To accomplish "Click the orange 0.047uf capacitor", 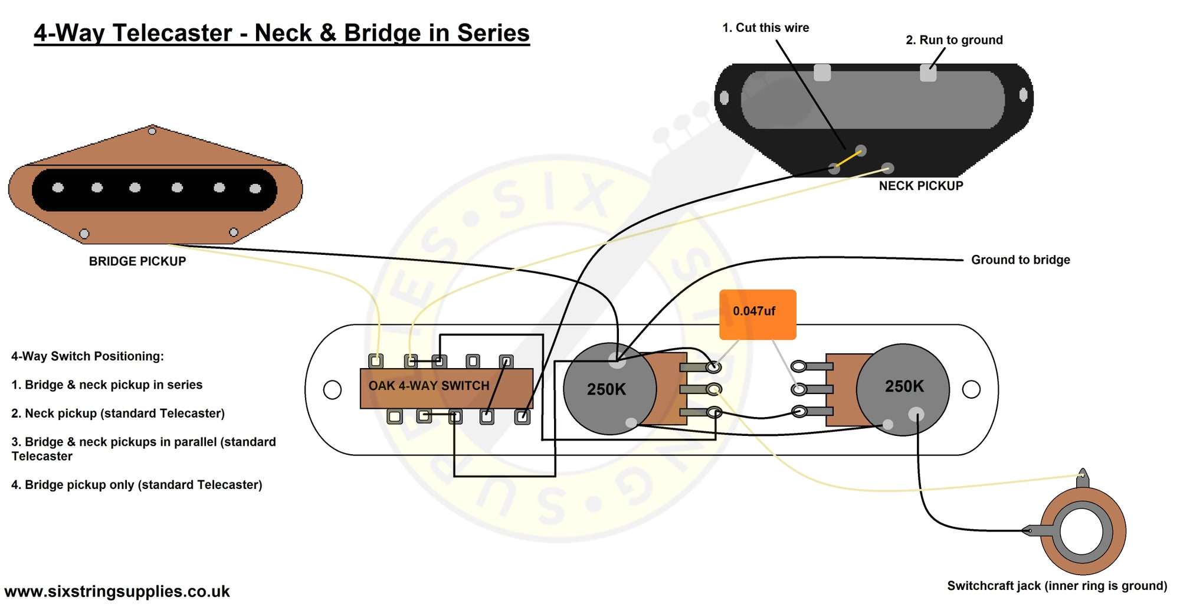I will (757, 314).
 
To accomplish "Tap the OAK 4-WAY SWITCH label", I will (429, 386).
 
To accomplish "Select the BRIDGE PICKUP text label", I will (137, 261).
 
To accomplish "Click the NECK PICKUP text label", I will (920, 186).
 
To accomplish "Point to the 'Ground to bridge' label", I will (1020, 260).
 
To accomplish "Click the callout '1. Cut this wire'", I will (765, 28).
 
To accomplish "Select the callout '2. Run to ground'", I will (954, 40).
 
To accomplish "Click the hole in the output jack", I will (1081, 531).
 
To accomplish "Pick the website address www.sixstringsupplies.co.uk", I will (117, 591).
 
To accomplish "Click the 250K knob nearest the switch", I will (609, 389).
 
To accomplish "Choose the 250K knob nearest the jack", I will (903, 388).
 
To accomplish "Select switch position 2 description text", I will (118, 414).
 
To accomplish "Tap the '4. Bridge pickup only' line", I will (136, 485).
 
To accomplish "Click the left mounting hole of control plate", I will (332, 389).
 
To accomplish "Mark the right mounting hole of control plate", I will (971, 389).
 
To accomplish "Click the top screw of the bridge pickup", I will (152, 130).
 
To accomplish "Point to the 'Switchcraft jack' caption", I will (1057, 586).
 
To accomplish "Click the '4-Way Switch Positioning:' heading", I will (87, 356).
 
